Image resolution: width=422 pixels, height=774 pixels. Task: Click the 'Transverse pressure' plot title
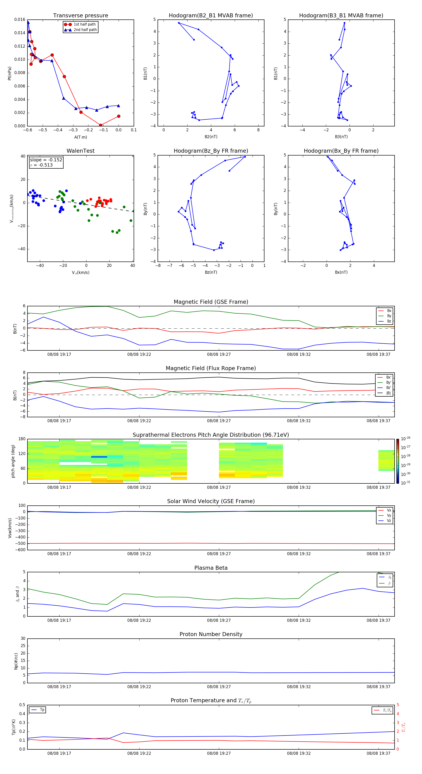[x=80, y=16]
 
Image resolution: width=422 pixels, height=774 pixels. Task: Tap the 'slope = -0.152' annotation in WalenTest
[x=46, y=160]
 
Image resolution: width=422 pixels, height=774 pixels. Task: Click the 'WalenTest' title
[x=80, y=151]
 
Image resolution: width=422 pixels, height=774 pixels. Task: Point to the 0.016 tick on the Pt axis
[x=20, y=19]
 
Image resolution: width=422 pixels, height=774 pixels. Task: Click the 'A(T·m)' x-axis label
[x=80, y=137]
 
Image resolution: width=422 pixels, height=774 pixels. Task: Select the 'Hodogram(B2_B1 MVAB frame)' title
[x=211, y=16]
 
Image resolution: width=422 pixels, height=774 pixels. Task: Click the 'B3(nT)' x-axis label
[x=341, y=137]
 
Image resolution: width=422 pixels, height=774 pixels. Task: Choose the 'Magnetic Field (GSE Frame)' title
[x=211, y=302]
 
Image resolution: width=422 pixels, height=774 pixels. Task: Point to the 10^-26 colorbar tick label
[x=406, y=438]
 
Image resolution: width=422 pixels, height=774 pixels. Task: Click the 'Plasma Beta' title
[x=211, y=568]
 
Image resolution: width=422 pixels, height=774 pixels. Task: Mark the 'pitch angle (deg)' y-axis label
[x=13, y=461]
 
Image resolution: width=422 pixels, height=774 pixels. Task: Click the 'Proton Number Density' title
[x=211, y=634]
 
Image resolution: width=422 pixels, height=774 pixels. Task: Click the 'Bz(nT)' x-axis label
[x=211, y=272]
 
